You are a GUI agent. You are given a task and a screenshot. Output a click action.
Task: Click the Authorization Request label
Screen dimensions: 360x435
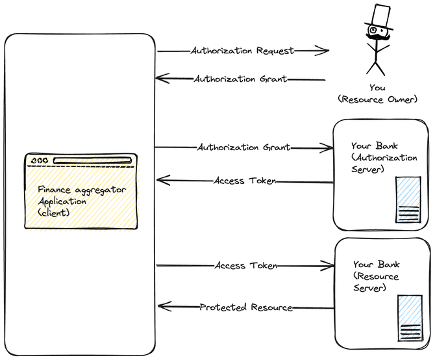pyautogui.click(x=242, y=51)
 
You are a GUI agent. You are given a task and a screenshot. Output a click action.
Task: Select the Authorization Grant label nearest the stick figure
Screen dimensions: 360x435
pyautogui.click(x=240, y=79)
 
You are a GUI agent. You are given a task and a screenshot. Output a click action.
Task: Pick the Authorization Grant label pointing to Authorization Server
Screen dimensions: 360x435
pyautogui.click(x=243, y=148)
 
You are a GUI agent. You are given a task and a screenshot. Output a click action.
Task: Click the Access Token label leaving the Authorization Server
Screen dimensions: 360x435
pyautogui.click(x=245, y=181)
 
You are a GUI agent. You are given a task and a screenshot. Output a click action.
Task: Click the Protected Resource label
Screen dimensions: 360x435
pyautogui.click(x=245, y=307)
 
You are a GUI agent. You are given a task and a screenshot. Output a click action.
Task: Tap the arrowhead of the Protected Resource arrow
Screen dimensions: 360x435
pyautogui.click(x=162, y=307)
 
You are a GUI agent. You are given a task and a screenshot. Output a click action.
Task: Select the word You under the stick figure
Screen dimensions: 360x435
pyautogui.click(x=377, y=88)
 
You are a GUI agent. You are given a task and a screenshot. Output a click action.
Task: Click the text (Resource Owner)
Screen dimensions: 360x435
pyautogui.click(x=377, y=99)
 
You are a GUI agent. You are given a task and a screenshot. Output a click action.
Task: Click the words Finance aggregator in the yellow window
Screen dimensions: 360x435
pyautogui.click(x=81, y=189)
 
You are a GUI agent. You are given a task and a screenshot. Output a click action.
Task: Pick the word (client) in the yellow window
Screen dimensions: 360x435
pyautogui.click(x=53, y=212)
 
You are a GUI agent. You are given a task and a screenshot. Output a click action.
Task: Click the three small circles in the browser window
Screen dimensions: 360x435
pyautogui.click(x=39, y=161)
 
